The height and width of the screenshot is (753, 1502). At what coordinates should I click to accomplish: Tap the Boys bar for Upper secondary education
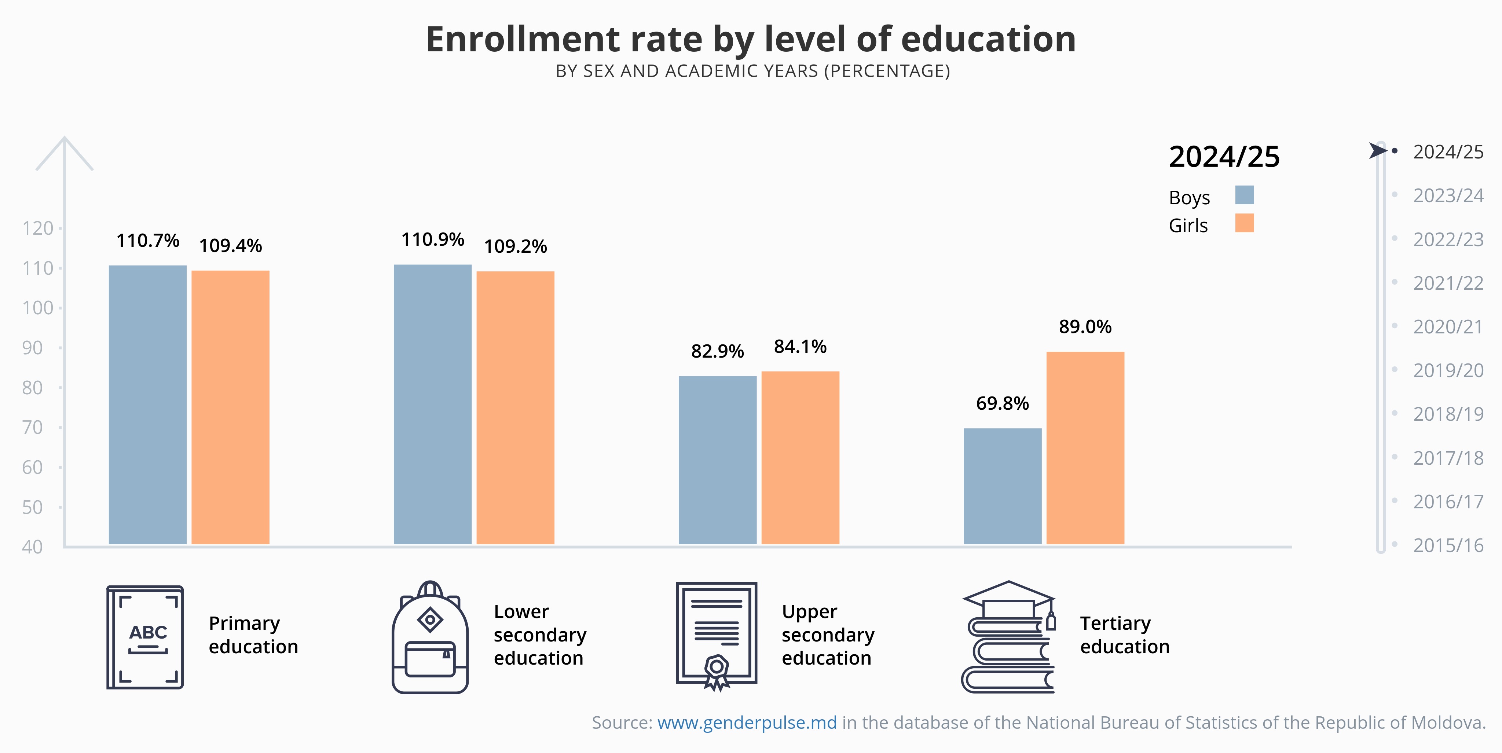[x=717, y=460]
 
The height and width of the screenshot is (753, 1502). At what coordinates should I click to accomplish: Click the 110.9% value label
[x=433, y=240]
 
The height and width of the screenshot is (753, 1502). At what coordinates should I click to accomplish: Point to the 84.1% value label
[x=800, y=347]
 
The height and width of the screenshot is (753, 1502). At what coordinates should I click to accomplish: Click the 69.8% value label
[x=1002, y=403]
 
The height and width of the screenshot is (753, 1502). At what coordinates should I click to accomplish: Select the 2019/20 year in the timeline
[x=1448, y=370]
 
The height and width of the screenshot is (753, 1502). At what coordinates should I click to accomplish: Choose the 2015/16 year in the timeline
[x=1448, y=545]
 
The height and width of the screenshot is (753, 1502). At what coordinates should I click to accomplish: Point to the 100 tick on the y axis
[x=37, y=308]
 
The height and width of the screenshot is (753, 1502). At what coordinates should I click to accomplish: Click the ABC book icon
[x=145, y=637]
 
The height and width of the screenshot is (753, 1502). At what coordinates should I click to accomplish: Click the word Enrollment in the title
[x=523, y=39]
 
